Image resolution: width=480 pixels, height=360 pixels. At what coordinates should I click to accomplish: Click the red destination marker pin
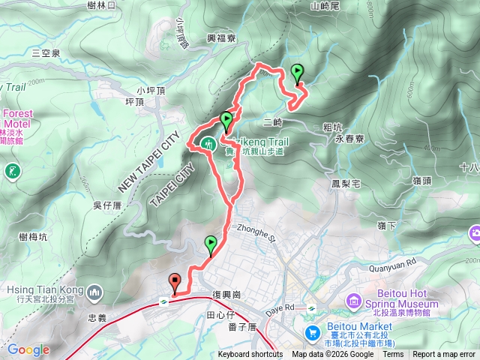tap(176, 283)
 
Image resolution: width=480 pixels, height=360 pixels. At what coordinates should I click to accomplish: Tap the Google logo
tap(28, 349)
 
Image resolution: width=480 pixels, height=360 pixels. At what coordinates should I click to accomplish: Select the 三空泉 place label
tap(46, 52)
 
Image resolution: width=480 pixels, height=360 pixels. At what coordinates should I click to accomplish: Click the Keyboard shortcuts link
tap(250, 355)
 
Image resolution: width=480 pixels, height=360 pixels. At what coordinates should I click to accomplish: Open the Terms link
tap(393, 355)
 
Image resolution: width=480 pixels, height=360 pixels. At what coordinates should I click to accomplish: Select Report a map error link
tap(444, 355)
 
